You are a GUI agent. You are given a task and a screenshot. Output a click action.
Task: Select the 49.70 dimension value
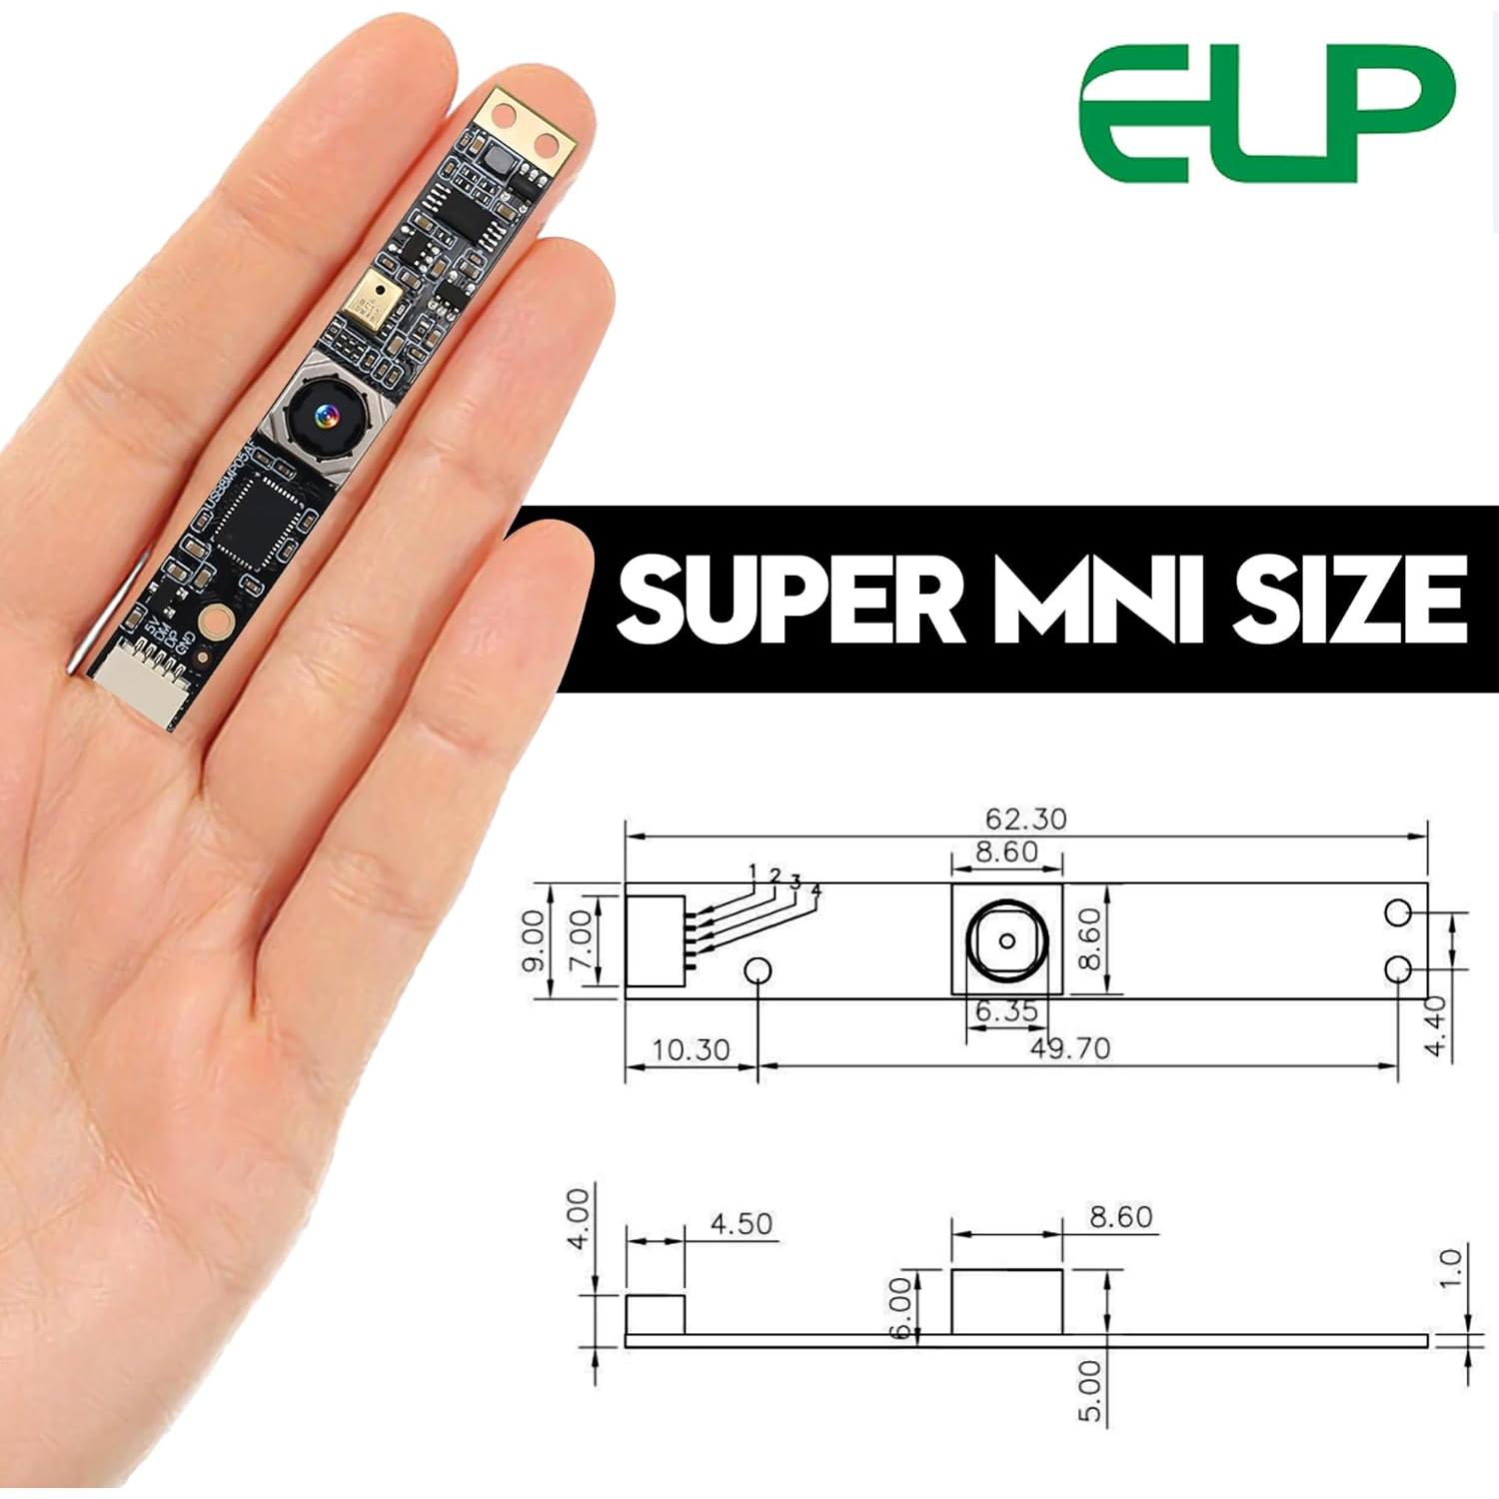click(x=1068, y=1047)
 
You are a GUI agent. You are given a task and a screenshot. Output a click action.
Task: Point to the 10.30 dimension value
click(x=691, y=1050)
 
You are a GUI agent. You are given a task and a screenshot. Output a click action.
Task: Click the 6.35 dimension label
click(x=1006, y=1011)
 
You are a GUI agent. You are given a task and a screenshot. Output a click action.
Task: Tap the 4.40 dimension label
click(x=1435, y=1025)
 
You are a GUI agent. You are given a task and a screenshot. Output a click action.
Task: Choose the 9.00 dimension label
click(x=534, y=939)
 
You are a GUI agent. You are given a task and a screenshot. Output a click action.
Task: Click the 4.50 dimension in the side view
click(x=741, y=1223)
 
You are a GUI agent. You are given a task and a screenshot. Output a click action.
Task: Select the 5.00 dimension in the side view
click(x=1091, y=1389)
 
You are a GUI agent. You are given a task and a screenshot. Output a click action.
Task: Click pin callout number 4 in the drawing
click(x=816, y=888)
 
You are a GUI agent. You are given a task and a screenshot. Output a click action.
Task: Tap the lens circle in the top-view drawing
click(x=1006, y=940)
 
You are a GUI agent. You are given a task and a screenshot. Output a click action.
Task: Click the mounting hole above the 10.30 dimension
click(x=758, y=970)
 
